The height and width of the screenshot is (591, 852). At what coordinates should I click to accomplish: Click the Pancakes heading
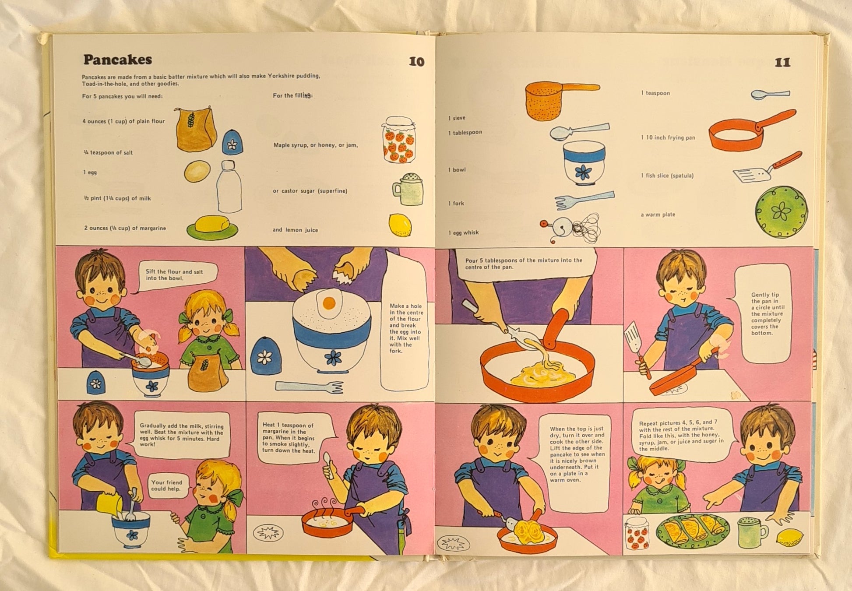tap(118, 60)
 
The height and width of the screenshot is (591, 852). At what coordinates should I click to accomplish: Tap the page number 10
tap(416, 62)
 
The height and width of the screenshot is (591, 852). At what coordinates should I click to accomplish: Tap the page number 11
tap(782, 63)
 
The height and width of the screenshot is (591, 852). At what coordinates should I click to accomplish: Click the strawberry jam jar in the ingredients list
tap(399, 140)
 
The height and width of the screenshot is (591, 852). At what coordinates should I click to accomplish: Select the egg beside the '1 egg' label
tap(197, 171)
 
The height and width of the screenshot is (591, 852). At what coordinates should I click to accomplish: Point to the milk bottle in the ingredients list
tap(229, 186)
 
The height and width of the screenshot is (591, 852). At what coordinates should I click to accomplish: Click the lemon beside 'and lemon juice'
tap(400, 225)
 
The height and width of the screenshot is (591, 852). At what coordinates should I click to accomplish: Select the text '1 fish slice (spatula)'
tap(667, 176)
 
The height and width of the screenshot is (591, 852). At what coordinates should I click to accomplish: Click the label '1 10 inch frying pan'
tap(668, 137)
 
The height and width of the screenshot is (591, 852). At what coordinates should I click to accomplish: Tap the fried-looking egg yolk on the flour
tap(329, 303)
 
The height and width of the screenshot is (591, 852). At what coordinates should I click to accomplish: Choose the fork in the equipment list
tap(584, 200)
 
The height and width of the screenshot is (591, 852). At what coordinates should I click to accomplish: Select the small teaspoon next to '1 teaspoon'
tap(771, 94)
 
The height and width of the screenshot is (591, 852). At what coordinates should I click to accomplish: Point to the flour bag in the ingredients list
tap(196, 129)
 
